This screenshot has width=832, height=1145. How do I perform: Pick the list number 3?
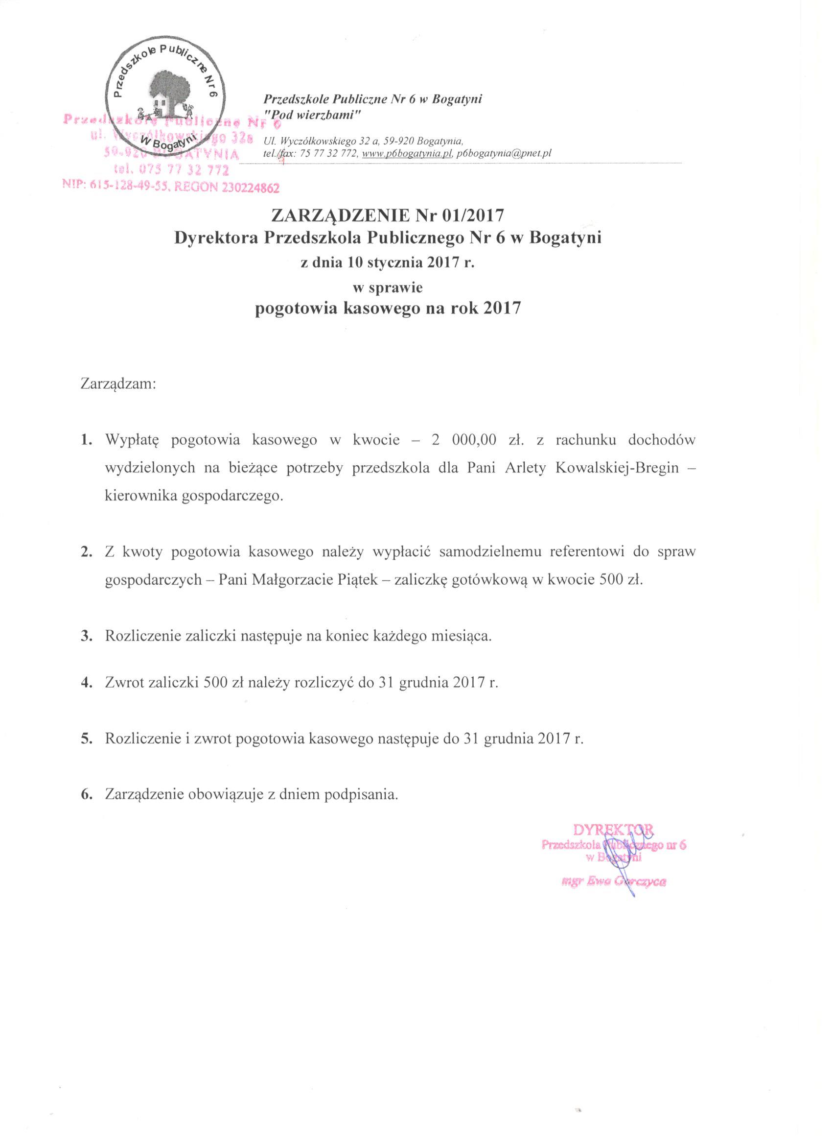(86, 635)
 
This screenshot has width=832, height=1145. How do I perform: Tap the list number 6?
(86, 794)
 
